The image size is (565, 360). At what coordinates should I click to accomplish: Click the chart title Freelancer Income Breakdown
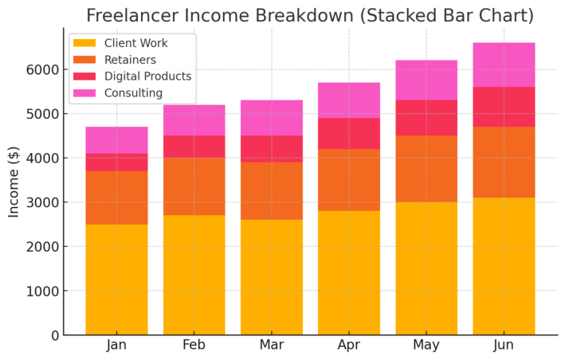point(309,15)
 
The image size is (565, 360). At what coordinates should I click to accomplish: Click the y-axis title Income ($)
point(14,181)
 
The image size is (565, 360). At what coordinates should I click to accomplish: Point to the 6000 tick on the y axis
point(40,69)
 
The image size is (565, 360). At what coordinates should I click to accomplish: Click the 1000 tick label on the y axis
point(40,292)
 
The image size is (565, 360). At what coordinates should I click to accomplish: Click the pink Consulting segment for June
point(504,65)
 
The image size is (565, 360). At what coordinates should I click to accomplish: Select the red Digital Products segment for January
point(116,162)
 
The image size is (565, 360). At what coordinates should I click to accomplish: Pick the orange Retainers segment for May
point(426,169)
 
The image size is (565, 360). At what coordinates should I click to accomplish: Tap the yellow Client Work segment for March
point(272,277)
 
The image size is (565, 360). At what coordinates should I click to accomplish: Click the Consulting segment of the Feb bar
point(194,120)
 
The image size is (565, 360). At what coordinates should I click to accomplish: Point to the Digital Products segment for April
point(349,133)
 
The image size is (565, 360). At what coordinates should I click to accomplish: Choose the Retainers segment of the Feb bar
point(194,186)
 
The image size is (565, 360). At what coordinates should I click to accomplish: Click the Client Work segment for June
point(504,266)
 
